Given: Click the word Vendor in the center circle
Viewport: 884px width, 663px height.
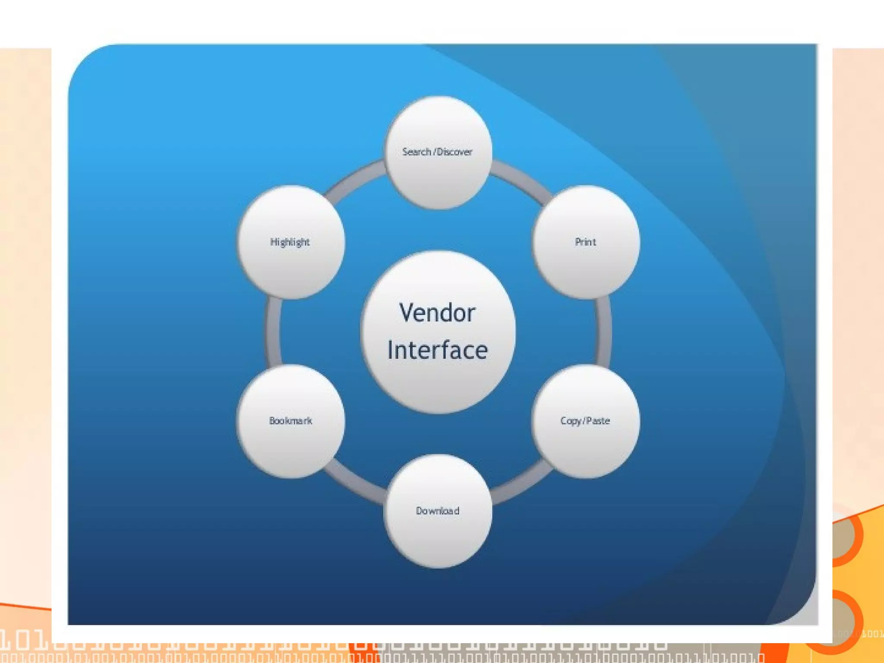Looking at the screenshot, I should (x=437, y=313).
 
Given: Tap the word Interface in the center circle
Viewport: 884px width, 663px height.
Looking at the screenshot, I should (x=437, y=350).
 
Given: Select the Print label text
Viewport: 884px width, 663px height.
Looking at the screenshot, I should (x=585, y=242).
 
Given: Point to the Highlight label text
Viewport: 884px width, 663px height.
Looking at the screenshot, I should (x=290, y=242).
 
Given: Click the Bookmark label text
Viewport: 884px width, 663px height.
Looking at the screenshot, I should (x=290, y=421).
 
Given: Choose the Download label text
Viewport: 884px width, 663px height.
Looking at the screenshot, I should (x=437, y=511).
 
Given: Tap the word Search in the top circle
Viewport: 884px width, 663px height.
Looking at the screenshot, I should (x=417, y=152).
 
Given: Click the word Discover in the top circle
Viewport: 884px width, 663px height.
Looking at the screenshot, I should (x=454, y=152).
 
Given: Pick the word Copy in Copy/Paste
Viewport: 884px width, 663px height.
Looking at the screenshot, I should (x=571, y=421).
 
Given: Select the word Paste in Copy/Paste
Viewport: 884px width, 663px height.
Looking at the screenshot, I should (x=598, y=421).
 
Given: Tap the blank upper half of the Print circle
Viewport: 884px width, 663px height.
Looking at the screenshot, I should (x=586, y=212).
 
